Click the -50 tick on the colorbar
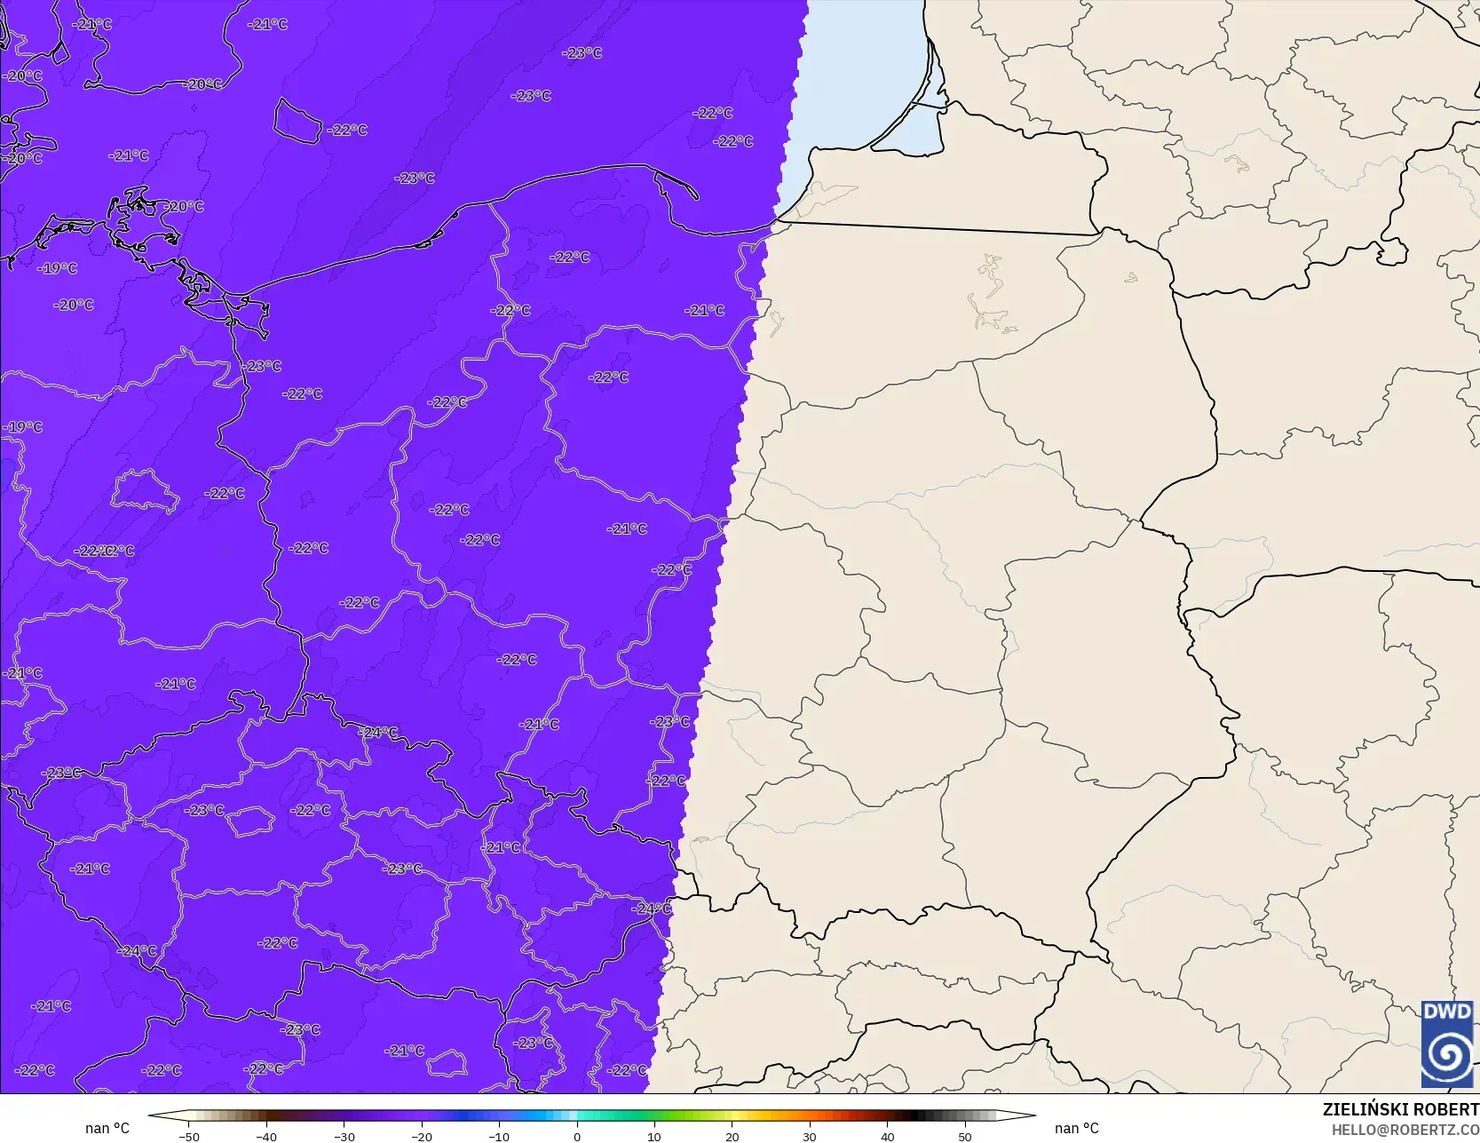coord(188,1136)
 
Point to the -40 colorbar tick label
coord(266,1136)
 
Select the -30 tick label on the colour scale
coord(344,1136)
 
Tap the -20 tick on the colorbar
coord(422,1136)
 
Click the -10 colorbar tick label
coord(499,1136)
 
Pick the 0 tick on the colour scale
coord(577,1136)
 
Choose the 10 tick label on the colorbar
coord(654,1136)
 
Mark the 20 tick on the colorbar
coord(732,1136)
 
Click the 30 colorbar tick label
coord(810,1136)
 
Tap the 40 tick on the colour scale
coord(887,1136)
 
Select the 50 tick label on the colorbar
coord(965,1136)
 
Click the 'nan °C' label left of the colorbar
coord(107,1128)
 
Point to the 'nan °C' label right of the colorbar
coord(1076,1128)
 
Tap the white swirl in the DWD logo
coord(1447,1055)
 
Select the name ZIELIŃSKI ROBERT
coord(1400,1109)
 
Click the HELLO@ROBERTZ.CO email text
coord(1405,1129)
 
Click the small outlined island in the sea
coord(297,121)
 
